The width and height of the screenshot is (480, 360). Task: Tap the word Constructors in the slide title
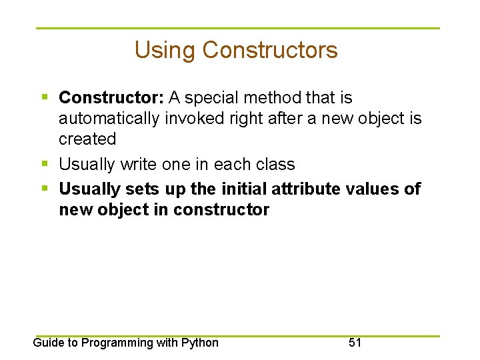coord(270,51)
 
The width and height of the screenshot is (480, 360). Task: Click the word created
coord(87,139)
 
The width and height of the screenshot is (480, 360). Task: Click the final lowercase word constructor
coord(221,210)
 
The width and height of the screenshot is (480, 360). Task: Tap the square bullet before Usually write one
coord(44,164)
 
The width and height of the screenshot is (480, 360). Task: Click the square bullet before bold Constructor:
coord(44,98)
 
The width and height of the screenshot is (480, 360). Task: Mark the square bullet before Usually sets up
coord(44,189)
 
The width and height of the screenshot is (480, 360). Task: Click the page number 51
coord(355,343)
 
